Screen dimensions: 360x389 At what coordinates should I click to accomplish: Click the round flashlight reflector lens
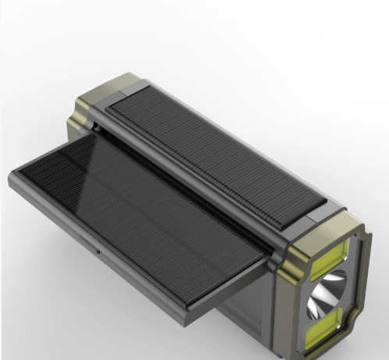click(329, 295)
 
